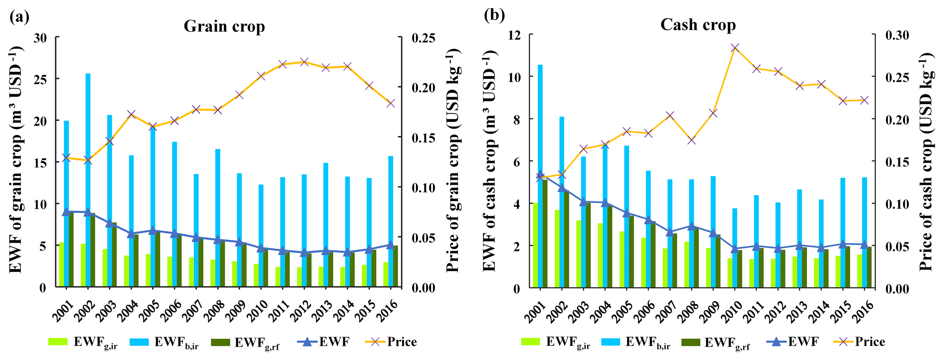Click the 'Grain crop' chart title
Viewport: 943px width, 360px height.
click(224, 26)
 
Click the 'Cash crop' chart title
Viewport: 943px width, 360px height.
click(698, 25)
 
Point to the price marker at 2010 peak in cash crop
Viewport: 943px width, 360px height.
click(735, 47)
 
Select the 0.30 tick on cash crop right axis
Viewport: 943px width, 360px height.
click(896, 35)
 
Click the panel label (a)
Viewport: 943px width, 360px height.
click(19, 17)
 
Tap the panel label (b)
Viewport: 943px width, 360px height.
click(494, 16)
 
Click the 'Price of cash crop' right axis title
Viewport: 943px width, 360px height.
click(926, 160)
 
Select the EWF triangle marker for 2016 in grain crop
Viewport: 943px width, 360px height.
click(391, 245)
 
